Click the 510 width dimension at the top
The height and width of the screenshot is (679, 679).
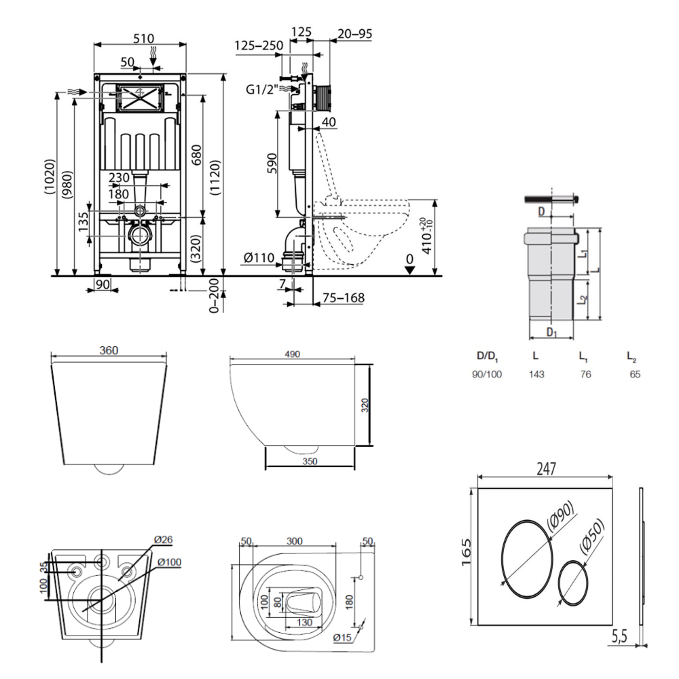point(143,38)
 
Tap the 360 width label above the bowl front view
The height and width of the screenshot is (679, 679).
point(109,350)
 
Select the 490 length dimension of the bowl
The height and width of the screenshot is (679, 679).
point(292,354)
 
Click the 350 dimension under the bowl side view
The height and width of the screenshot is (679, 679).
point(310,460)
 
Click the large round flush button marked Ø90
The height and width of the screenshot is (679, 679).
point(527,553)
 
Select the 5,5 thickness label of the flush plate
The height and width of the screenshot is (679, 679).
point(621,638)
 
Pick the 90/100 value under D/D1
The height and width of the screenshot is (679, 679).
point(486,373)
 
